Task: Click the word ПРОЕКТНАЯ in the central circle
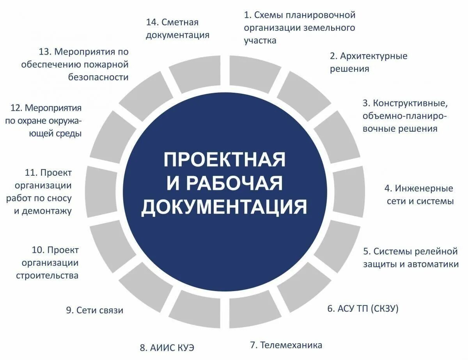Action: click(x=224, y=159)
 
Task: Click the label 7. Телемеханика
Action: click(x=286, y=345)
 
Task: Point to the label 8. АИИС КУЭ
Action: click(x=167, y=347)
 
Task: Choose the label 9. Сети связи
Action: click(x=95, y=310)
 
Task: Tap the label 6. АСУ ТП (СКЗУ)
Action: click(x=363, y=309)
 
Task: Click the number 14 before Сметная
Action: click(x=152, y=22)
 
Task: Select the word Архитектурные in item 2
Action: click(x=373, y=56)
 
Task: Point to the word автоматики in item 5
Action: click(x=433, y=264)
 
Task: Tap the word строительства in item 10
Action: click(x=47, y=275)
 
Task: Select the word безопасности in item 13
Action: click(x=98, y=77)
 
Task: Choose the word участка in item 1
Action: click(x=260, y=41)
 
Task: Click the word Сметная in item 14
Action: click(x=180, y=22)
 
